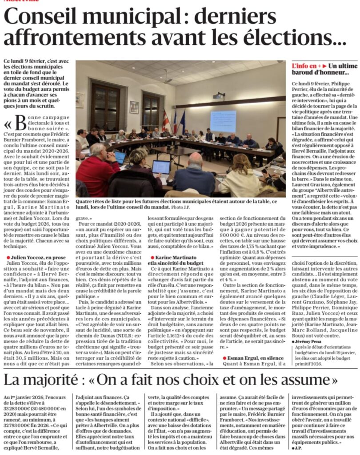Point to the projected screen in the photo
tap(223, 121)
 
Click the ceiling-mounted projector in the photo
tap(218, 96)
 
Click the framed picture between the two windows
tap(134, 107)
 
